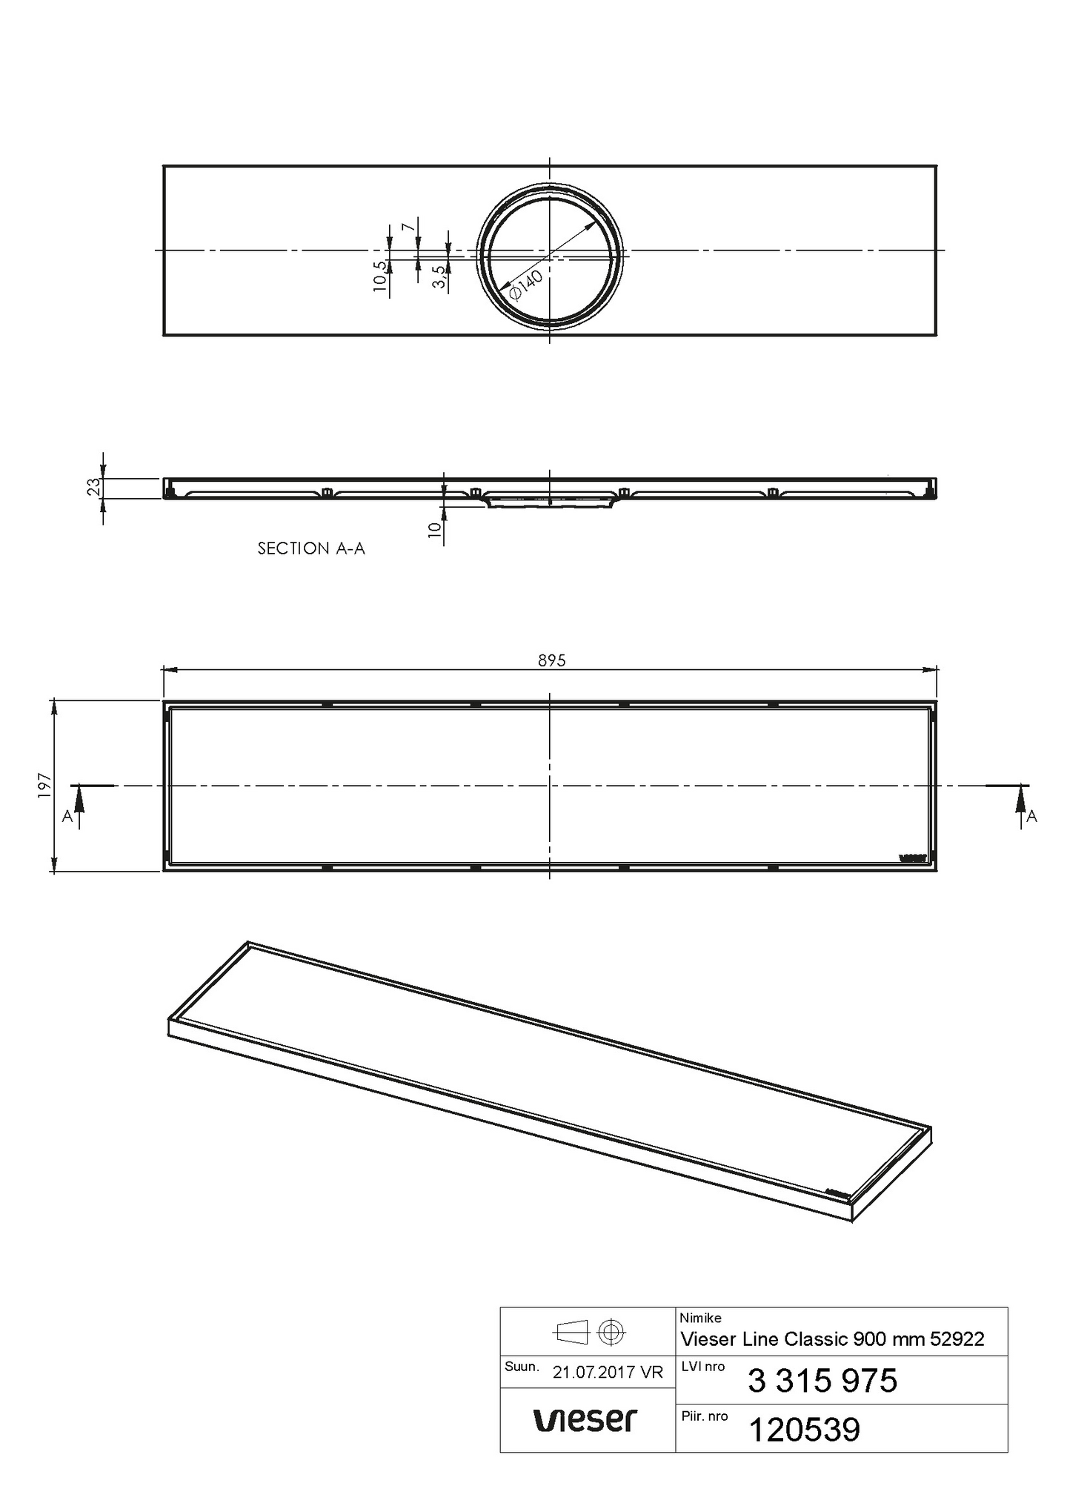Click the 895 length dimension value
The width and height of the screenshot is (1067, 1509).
pyautogui.click(x=551, y=660)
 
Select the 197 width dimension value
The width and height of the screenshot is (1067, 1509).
pyautogui.click(x=44, y=786)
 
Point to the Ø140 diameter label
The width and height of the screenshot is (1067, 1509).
pyautogui.click(x=526, y=285)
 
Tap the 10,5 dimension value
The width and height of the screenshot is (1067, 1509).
pyautogui.click(x=381, y=278)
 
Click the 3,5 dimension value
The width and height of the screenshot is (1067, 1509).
pyautogui.click(x=439, y=276)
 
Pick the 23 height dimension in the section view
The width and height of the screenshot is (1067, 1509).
pyautogui.click(x=93, y=487)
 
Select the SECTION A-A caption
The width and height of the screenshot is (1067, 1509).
pyautogui.click(x=311, y=548)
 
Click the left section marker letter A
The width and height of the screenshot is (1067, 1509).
pyautogui.click(x=67, y=816)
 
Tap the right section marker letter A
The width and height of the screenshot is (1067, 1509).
pyautogui.click(x=1031, y=817)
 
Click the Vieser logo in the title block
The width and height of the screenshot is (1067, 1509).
pyautogui.click(x=585, y=1420)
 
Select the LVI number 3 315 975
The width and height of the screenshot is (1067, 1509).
pyautogui.click(x=822, y=1380)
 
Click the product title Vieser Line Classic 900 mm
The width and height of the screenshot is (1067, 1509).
pyautogui.click(x=832, y=1339)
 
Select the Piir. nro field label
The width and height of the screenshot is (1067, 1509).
pyautogui.click(x=704, y=1416)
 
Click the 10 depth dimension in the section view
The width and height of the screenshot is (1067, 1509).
pyautogui.click(x=436, y=529)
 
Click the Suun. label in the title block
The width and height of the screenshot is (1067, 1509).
pyautogui.click(x=522, y=1366)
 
